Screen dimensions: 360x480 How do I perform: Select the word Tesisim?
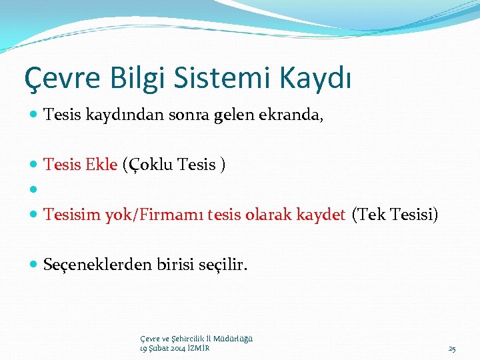click(71, 215)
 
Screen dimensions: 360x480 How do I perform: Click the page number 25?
click(452, 349)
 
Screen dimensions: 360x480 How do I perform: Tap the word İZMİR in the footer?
click(198, 348)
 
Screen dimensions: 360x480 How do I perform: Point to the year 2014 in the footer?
click(176, 348)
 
